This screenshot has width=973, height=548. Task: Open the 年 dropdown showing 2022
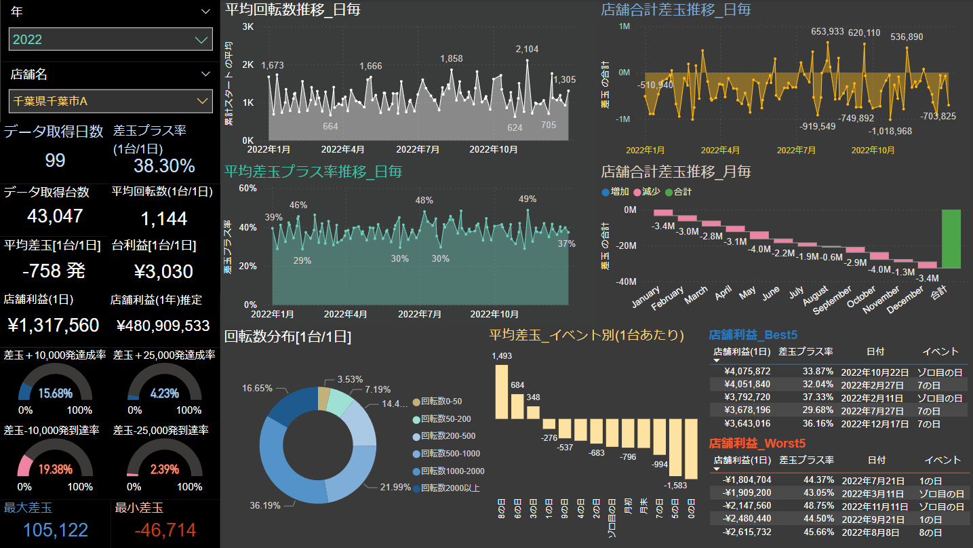(111, 39)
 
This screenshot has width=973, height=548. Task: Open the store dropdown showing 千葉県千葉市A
(111, 101)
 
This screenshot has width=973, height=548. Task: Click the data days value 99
(55, 161)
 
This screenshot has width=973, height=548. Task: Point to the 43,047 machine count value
(55, 216)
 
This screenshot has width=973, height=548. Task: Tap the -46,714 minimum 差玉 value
(165, 530)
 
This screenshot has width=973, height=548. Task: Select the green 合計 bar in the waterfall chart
(951, 239)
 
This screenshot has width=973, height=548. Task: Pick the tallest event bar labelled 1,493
(502, 392)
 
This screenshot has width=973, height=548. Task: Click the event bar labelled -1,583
(691, 450)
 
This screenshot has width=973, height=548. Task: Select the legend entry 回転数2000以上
(450, 488)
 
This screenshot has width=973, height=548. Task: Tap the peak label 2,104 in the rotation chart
(527, 50)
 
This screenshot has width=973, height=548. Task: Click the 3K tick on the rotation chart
(247, 26)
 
